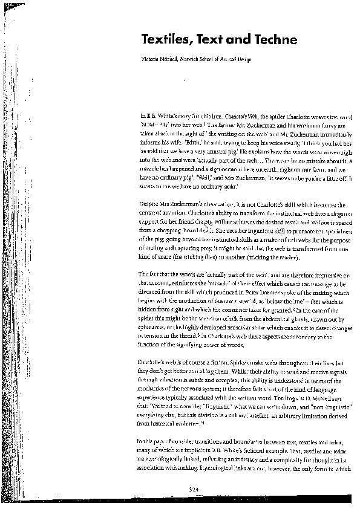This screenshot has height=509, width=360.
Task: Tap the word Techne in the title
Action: coord(276,40)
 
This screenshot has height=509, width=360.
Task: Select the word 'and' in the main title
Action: coord(236,40)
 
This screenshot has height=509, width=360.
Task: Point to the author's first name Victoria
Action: coord(149,59)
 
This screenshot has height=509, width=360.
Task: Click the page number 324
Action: coord(193,488)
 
